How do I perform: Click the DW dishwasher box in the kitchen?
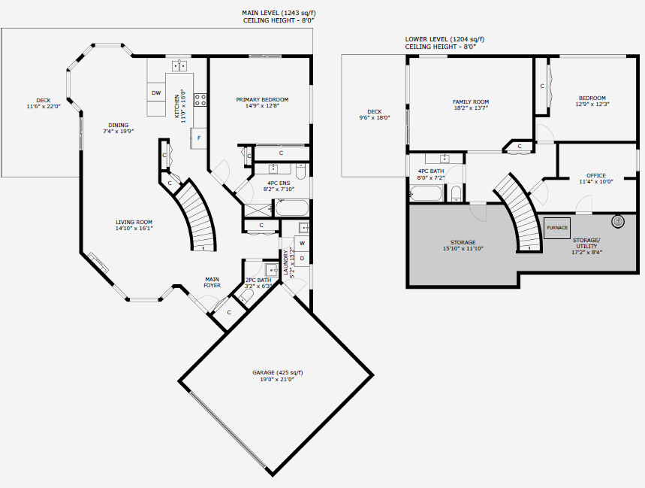[x=156, y=92]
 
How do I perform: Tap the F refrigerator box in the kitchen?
[x=198, y=138]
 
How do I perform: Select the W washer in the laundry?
[x=302, y=243]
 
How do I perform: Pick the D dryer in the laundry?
[x=302, y=259]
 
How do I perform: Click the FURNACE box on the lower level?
[x=557, y=228]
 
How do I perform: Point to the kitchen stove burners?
[x=200, y=100]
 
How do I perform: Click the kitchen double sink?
[x=179, y=65]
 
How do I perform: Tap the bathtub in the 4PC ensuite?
[x=291, y=208]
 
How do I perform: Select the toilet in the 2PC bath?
[x=247, y=296]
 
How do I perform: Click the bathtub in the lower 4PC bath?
[x=426, y=193]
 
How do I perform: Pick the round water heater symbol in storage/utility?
[x=618, y=222]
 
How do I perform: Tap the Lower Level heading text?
[x=445, y=43]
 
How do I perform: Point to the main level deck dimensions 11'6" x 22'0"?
[x=44, y=106]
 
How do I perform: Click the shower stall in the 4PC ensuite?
[x=258, y=210]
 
